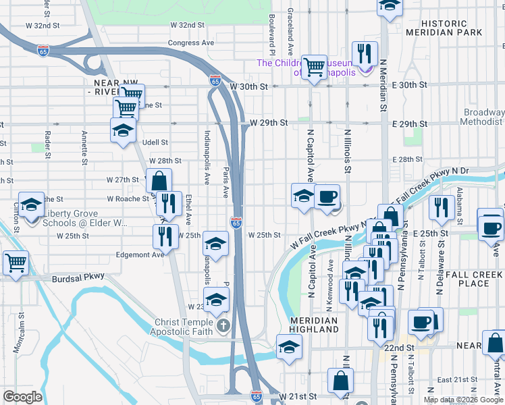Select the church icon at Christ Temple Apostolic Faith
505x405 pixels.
(224, 327)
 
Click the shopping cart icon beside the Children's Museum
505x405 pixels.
(314, 67)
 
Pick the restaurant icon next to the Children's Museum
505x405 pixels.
(365, 53)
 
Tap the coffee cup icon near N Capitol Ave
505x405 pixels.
(327, 196)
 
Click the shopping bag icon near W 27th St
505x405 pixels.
(159, 180)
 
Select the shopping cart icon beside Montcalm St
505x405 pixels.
(16, 262)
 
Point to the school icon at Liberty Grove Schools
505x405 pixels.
(30, 205)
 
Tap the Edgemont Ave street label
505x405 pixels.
(140, 254)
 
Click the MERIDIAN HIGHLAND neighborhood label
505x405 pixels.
(314, 325)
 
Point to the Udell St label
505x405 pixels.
(155, 142)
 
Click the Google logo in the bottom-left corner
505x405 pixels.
(22, 397)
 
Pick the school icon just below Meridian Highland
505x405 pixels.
(289, 346)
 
